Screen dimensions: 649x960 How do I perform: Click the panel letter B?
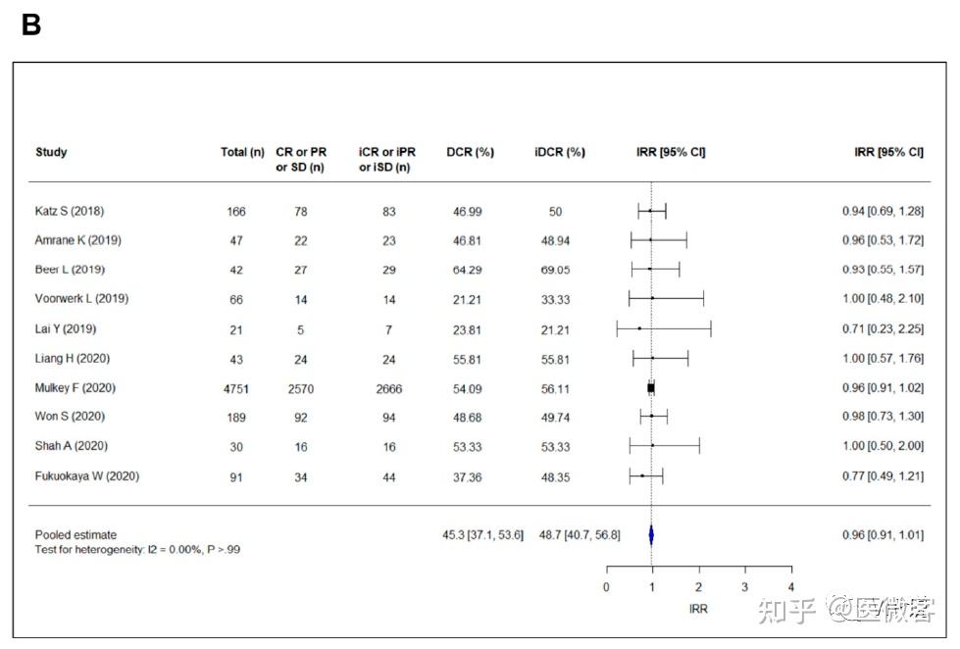30,25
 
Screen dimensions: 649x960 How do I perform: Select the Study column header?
51,152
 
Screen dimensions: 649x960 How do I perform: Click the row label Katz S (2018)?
70,211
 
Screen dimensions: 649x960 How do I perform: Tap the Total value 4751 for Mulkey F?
235,388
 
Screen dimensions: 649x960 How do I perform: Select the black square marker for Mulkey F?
651,388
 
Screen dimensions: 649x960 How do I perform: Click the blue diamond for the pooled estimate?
651,535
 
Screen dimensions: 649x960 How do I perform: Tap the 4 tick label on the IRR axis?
790,587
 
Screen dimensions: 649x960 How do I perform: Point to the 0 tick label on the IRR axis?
606,587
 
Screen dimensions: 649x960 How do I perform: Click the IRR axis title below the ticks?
698,609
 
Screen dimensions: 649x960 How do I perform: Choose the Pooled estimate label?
76,534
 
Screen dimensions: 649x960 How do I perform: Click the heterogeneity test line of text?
137,549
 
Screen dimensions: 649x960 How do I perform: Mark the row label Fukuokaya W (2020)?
87,475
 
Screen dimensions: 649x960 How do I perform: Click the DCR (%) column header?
470,152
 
